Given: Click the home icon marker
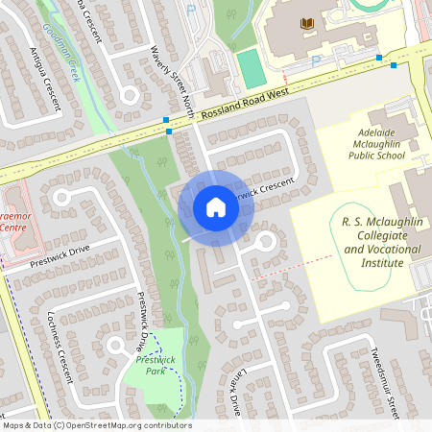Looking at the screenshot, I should pos(216,207).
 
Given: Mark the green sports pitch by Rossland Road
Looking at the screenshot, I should pos(251,69).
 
